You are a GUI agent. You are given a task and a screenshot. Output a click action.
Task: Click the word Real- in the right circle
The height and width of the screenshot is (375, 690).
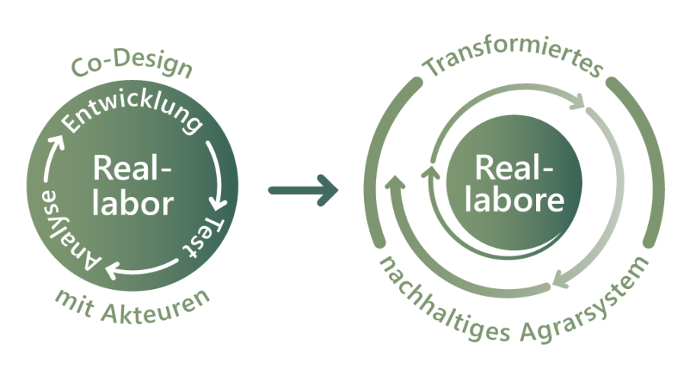click(x=514, y=167)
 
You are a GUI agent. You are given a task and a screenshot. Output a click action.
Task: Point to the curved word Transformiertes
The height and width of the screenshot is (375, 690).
click(x=513, y=68)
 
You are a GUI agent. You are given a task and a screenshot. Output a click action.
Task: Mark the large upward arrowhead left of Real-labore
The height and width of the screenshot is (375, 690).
click(x=395, y=183)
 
